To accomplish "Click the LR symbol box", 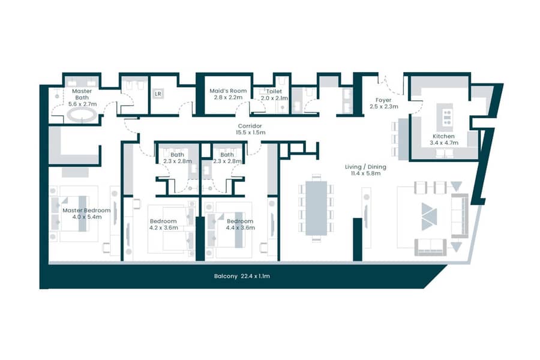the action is coord(158,94).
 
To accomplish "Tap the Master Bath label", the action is coord(82,94).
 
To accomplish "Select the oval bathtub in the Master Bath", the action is coord(82,115).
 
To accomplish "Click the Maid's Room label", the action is coord(228,91).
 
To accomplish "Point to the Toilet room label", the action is coord(274,91).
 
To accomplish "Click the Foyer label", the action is coord(383,100).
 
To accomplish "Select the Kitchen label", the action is coord(443,136).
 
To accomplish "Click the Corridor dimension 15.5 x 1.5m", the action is coord(250,132).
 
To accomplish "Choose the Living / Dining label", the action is coord(365,167).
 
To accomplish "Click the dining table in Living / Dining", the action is coord(316,208).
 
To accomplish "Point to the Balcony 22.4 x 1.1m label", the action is coord(242,276).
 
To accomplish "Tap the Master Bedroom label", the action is coord(86,210).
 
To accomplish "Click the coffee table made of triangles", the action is coord(429,217).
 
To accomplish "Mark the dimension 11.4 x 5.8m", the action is coord(366,173).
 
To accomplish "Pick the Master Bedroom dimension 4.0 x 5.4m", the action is coord(87,217).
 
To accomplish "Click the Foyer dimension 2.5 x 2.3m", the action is coord(383,106).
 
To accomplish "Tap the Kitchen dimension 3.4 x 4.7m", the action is coord(444,143).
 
